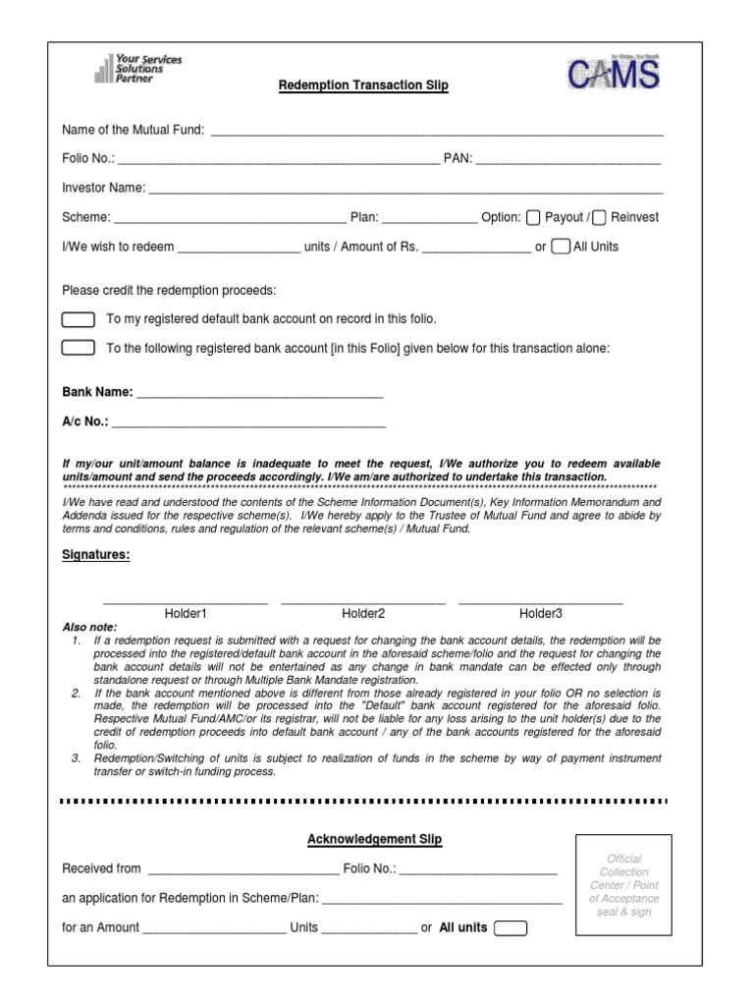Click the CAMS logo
(x=613, y=75)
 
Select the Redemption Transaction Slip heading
(x=363, y=85)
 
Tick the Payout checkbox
(x=534, y=217)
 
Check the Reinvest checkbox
(x=599, y=217)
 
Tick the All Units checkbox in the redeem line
(x=561, y=247)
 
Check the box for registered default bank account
(x=79, y=319)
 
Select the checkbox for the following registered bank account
(x=79, y=347)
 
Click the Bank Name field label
(x=97, y=392)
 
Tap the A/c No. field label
(x=85, y=423)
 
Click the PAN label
(x=458, y=158)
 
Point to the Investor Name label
(x=103, y=188)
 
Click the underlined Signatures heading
(x=95, y=554)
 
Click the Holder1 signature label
(x=186, y=613)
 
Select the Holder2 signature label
(x=363, y=613)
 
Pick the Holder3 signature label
(x=541, y=613)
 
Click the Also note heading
(x=89, y=627)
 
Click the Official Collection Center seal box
(x=623, y=884)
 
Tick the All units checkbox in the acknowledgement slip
(x=511, y=927)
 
